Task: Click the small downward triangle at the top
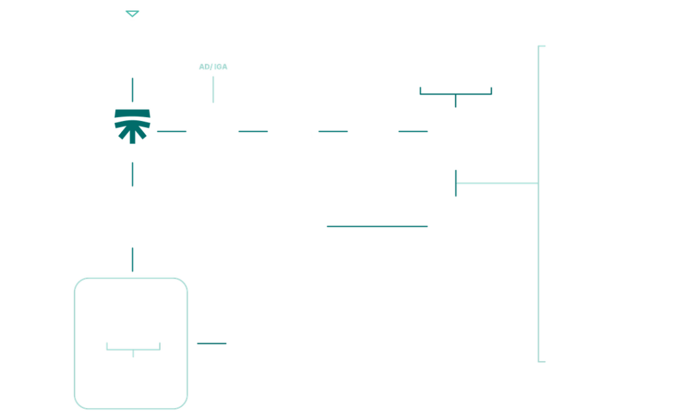(x=132, y=14)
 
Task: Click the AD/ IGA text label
(x=213, y=67)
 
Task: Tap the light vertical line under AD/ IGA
(x=213, y=89)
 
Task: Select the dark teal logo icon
(x=132, y=126)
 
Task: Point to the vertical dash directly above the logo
(x=132, y=90)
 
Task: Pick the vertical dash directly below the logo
(x=132, y=174)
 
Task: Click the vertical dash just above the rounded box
(x=132, y=259)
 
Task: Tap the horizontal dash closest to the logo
(x=172, y=131)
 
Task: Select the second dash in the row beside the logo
(x=253, y=131)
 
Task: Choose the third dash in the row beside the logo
(x=333, y=131)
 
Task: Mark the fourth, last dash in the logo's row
(x=413, y=131)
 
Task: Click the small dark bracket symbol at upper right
(x=456, y=93)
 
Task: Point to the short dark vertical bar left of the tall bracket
(x=456, y=183)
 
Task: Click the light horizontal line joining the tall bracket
(x=497, y=183)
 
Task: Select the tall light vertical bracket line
(x=538, y=204)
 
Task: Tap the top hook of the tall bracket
(x=542, y=46)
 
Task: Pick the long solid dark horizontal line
(x=378, y=226)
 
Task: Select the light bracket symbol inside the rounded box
(x=133, y=349)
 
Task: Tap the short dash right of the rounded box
(x=212, y=343)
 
